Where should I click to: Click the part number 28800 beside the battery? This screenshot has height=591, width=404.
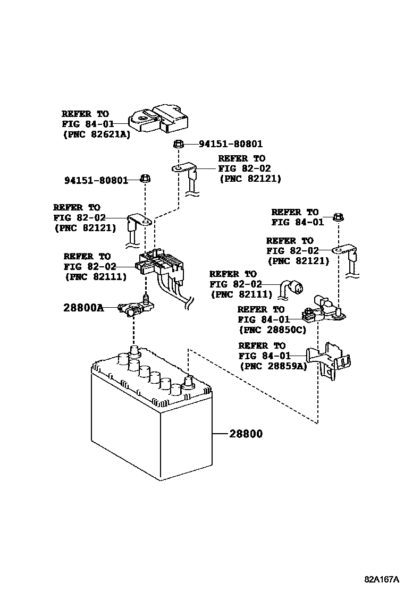246,434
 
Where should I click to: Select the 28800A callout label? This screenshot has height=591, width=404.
82,308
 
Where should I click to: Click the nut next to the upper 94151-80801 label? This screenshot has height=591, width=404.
179,143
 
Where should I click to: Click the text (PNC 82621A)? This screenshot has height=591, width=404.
96,134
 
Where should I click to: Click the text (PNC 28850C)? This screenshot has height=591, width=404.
273,330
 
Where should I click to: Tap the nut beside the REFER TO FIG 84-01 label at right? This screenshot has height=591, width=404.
338,217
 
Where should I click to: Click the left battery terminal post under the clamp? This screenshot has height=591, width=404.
133,352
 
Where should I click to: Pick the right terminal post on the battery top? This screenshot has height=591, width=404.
188,382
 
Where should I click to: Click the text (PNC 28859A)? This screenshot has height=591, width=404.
273,366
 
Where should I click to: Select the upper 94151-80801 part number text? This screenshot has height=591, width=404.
231,144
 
